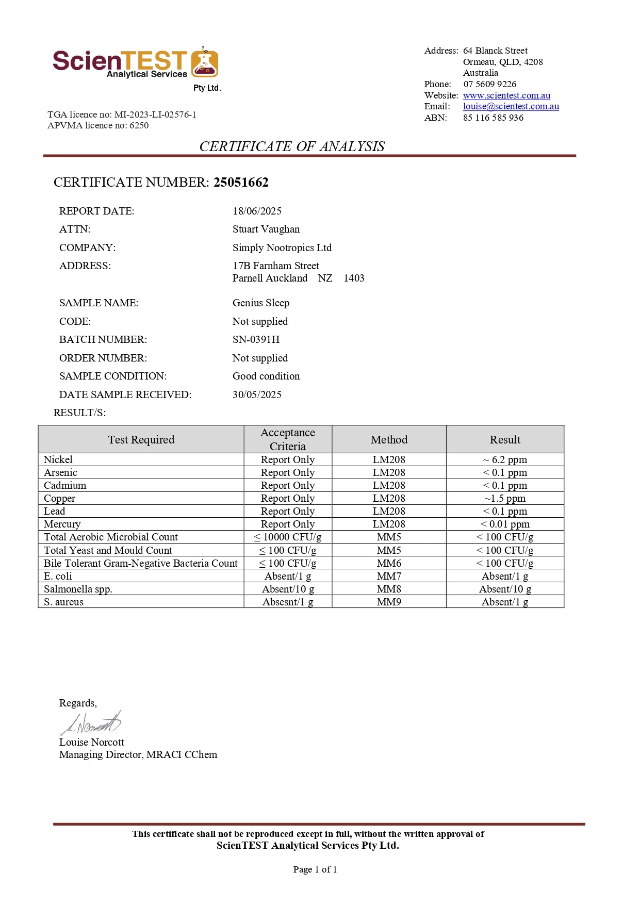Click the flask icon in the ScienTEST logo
205,63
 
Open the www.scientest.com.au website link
506,95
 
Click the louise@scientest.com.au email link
511,106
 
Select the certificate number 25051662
241,182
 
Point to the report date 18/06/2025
257,211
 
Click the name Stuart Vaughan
266,229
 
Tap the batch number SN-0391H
256,339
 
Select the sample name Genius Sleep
260,303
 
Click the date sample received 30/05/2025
257,394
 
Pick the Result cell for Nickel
505,459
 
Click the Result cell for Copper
505,498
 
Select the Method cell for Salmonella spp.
389,589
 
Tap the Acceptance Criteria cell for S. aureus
288,602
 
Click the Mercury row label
62,524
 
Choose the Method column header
389,439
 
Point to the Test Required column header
141,439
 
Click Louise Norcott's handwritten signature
92,723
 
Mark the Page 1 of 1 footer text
315,869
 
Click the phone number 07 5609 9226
489,84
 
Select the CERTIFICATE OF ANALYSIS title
292,146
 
